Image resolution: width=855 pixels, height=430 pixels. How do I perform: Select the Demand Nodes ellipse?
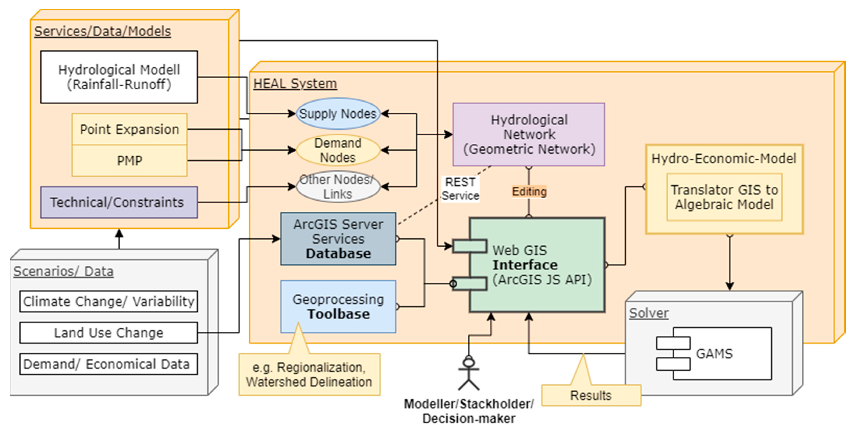[x=338, y=150]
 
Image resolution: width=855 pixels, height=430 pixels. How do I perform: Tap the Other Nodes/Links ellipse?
[x=338, y=187]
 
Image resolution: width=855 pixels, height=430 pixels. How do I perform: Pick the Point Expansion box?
[x=130, y=129]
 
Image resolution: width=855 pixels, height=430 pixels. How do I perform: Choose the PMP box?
[x=130, y=161]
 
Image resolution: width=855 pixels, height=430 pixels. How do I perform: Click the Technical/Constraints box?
[x=119, y=202]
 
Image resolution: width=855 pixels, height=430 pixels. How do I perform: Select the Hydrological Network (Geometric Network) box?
[x=528, y=134]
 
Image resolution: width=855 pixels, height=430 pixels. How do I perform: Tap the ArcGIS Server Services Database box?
[x=338, y=239]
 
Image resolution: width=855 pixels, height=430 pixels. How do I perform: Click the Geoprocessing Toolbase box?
[x=338, y=306]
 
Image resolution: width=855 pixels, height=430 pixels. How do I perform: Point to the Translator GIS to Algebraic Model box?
[x=724, y=197]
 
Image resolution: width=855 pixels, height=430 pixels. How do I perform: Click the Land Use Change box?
[x=108, y=333]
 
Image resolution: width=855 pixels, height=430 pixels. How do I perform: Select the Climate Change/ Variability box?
[x=108, y=301]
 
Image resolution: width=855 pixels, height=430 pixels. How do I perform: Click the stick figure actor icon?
[x=469, y=373]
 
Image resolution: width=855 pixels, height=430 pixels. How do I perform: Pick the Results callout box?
[x=591, y=395]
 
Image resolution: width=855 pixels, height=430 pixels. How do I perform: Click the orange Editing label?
[x=529, y=191]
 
